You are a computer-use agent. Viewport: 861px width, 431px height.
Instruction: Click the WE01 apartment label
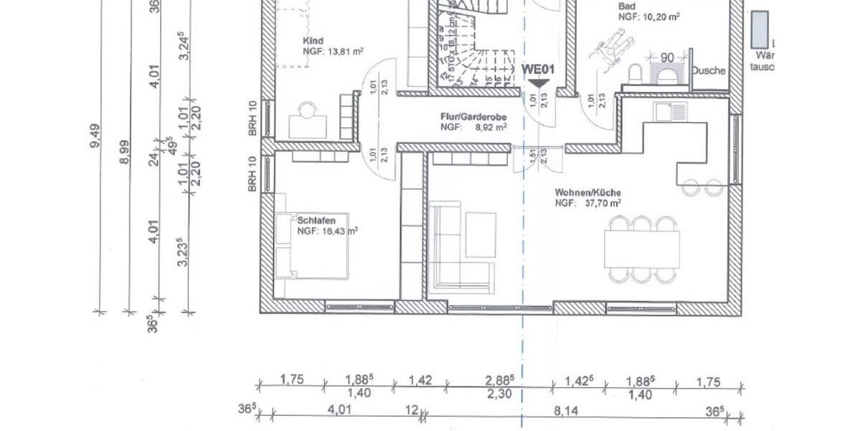point(539,70)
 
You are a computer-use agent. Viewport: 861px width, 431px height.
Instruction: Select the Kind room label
point(314,41)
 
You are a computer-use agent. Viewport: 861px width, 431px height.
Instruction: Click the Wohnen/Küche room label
point(588,193)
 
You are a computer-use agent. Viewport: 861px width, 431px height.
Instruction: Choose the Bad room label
point(626,6)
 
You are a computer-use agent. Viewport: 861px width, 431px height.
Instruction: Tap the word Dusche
point(709,71)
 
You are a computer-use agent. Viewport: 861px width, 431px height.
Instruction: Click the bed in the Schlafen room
point(312,246)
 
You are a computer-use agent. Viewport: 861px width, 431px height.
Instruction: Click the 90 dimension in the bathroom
point(666,57)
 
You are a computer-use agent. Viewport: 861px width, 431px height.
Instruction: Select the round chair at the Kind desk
point(308,110)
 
